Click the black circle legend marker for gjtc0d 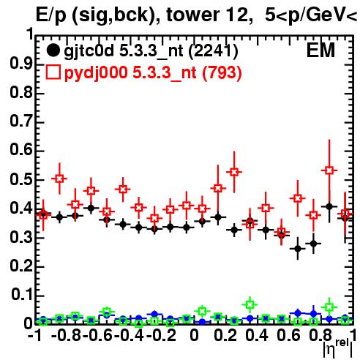point(53,50)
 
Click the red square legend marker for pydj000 point(53,72)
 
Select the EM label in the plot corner point(320,50)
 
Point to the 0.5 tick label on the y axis point(21,179)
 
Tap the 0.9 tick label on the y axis point(21,64)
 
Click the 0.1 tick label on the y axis point(22,295)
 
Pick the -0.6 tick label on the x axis point(97,335)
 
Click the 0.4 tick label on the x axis point(257,335)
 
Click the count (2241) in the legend point(213,50)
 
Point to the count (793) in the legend point(222,72)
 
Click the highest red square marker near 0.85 point(329,170)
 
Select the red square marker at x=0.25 point(234,172)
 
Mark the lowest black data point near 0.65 point(298,249)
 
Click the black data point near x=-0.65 point(91,208)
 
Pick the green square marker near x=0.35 point(250,304)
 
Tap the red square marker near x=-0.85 point(59,179)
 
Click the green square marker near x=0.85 point(329,307)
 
